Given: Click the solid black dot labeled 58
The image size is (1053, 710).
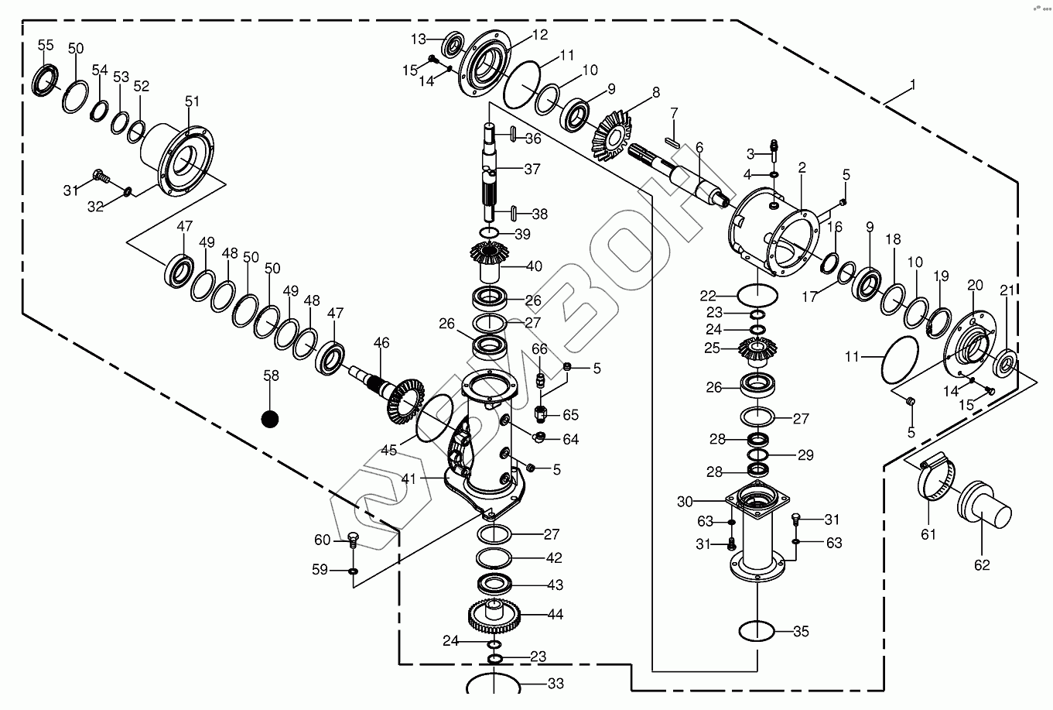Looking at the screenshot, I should click(270, 418).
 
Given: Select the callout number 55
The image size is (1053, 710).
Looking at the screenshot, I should click(46, 45).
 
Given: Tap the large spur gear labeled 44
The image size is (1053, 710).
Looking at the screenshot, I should click(495, 616).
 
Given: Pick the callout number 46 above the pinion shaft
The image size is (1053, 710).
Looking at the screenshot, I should click(382, 343).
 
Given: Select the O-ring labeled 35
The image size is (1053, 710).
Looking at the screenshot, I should click(757, 631).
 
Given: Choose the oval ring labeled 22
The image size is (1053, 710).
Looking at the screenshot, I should click(757, 295).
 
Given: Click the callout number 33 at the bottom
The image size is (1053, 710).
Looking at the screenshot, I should click(556, 684).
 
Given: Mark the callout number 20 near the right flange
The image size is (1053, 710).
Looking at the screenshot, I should click(975, 286).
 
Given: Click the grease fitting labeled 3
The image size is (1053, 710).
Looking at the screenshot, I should click(774, 147).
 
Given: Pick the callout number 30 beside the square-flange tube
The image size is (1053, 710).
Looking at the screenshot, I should click(685, 501).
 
